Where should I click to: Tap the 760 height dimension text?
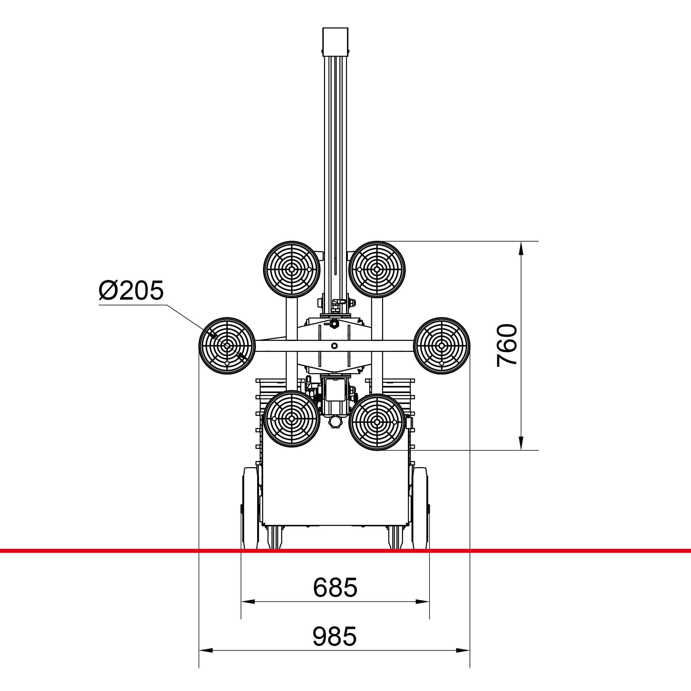click(x=507, y=345)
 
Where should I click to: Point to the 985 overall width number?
click(x=335, y=637)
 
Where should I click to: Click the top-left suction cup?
click(x=292, y=269)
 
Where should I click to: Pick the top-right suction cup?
click(x=377, y=269)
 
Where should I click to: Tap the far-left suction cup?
click(x=227, y=345)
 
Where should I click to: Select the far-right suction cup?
click(x=442, y=345)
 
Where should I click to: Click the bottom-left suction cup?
click(x=292, y=419)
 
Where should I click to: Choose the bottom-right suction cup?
click(x=377, y=422)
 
